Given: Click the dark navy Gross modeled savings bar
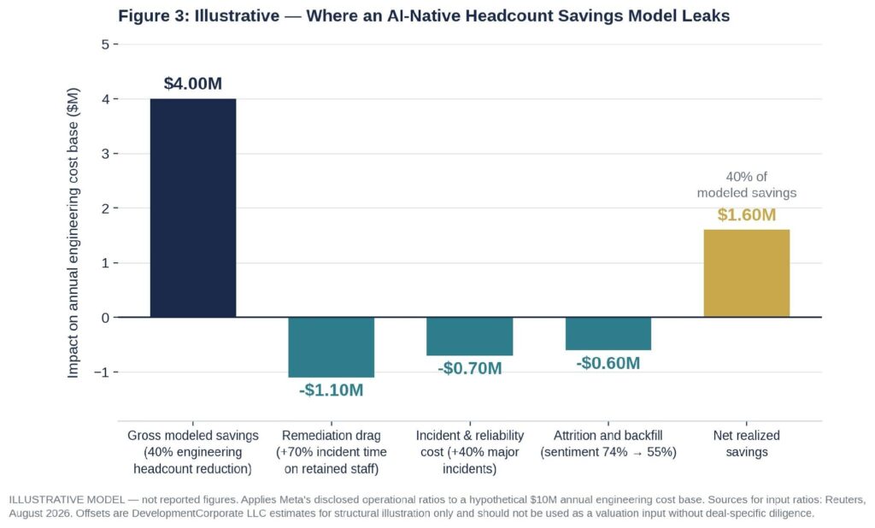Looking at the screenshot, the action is (193, 208).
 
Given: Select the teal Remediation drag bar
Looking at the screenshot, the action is (332, 347).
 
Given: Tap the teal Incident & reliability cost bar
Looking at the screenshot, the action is (470, 337).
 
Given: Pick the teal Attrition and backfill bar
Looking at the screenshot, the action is (608, 334).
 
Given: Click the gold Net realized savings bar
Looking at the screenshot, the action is (747, 273).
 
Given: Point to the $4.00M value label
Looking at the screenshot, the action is (193, 84).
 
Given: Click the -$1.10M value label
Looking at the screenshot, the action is (332, 390).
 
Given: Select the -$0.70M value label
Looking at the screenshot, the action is (470, 368).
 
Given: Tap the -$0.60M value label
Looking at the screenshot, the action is (608, 363).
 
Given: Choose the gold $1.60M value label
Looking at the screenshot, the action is (747, 215).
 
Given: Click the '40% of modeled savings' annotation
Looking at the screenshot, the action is (747, 185).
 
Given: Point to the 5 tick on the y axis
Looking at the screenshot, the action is (105, 44).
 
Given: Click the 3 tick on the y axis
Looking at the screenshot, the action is (105, 154).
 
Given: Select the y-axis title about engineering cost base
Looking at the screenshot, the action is (73, 232).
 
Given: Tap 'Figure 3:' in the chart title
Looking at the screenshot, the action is (154, 15).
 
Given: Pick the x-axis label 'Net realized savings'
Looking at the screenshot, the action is (747, 443).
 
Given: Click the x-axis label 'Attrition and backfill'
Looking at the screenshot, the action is (608, 436).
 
